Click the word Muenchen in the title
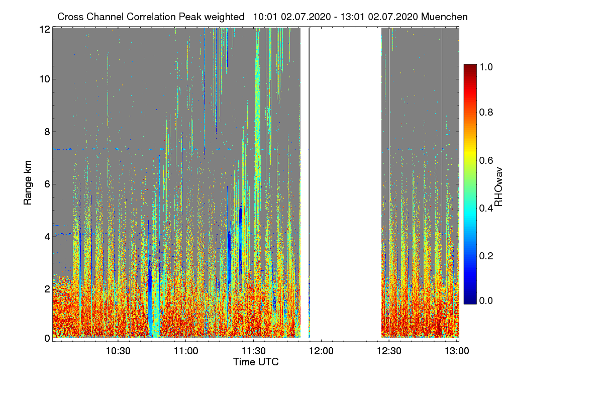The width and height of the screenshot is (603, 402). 445,17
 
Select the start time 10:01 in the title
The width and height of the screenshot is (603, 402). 264,17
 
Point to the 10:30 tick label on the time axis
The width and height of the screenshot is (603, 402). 118,351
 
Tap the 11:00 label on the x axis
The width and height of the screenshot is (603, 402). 186,351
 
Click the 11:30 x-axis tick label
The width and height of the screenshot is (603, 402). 254,351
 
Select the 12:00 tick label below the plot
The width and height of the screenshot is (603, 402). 322,351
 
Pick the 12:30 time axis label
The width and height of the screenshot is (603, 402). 389,351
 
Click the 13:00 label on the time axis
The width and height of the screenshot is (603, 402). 456,351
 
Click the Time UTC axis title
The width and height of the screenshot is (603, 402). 256,362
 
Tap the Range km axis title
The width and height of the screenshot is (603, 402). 28,184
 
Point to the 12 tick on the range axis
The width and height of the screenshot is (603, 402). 44,29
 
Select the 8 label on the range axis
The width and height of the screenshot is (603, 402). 47,132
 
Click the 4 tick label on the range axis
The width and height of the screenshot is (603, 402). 47,236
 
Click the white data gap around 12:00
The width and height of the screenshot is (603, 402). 346,181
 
